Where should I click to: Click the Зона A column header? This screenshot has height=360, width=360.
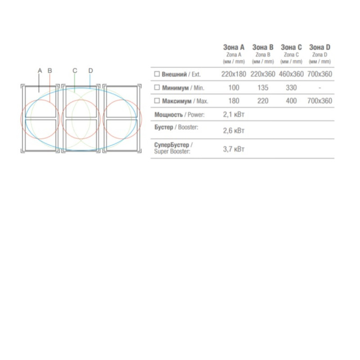234,47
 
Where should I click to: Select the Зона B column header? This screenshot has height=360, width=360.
263,47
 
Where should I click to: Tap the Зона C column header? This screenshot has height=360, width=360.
291,47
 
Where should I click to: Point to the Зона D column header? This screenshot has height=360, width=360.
320,47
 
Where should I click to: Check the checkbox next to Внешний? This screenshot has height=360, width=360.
157,74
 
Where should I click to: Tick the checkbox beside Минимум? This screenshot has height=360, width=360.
157,87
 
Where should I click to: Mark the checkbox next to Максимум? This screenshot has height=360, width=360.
157,100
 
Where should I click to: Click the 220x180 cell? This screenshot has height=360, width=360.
234,74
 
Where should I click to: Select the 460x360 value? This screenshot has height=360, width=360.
291,74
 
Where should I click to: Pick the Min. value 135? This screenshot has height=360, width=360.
263,88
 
